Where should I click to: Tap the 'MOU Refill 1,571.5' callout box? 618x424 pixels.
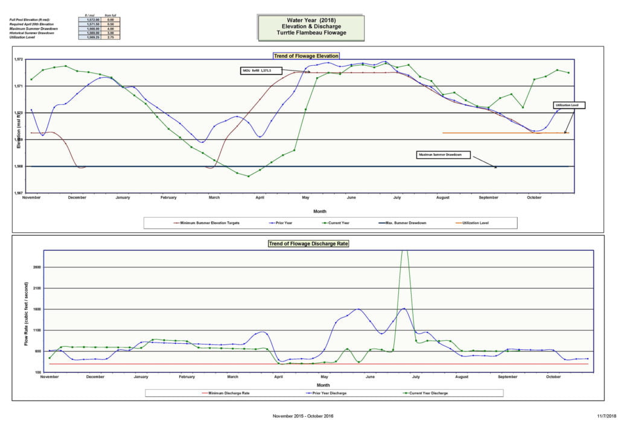[x=262, y=71]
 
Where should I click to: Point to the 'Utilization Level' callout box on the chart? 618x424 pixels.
[x=570, y=105]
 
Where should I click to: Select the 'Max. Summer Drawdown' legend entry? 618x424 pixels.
[x=402, y=223]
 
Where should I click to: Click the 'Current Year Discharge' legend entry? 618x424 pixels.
[x=428, y=393]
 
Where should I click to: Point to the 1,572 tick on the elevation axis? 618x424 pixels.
[x=18, y=60]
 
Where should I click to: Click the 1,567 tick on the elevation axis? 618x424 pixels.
[x=18, y=193]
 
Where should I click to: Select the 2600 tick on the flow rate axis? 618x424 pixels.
[x=37, y=267]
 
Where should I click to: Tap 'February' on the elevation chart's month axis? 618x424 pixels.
[x=168, y=198]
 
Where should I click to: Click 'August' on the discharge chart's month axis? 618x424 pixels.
[x=462, y=377]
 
